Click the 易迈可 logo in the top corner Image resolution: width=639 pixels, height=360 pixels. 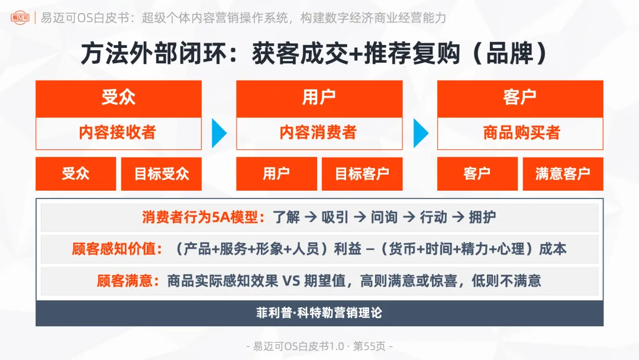tap(20, 18)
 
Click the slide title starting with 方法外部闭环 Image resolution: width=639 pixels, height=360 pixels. tap(314, 54)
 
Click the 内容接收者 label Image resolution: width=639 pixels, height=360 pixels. tap(118, 133)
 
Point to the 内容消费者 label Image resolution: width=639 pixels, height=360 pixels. tap(319, 133)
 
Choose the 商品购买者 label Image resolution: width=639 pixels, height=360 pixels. tap(520, 133)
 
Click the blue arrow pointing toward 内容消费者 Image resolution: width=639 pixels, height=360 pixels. tap(219, 133)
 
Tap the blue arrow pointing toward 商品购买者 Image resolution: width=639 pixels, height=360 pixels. tap(420, 133)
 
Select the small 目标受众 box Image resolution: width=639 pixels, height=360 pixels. tap(162, 174)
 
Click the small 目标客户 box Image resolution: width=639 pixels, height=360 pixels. tap(362, 174)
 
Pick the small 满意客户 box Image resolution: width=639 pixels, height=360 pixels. tap(563, 174)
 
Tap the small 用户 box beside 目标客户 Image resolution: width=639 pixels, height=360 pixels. tap(276, 174)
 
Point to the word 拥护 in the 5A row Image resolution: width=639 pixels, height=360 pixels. tap(482, 217)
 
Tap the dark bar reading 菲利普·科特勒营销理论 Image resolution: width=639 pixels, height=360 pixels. tap(319, 313)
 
